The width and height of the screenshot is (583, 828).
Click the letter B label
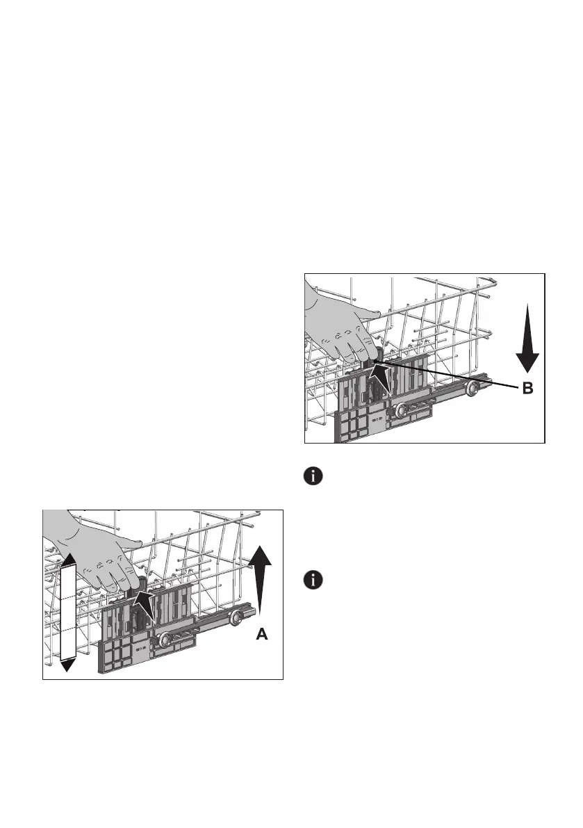[x=527, y=390]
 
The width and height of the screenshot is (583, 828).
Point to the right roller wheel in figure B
[x=474, y=388]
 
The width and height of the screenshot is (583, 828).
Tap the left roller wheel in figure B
[x=402, y=411]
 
